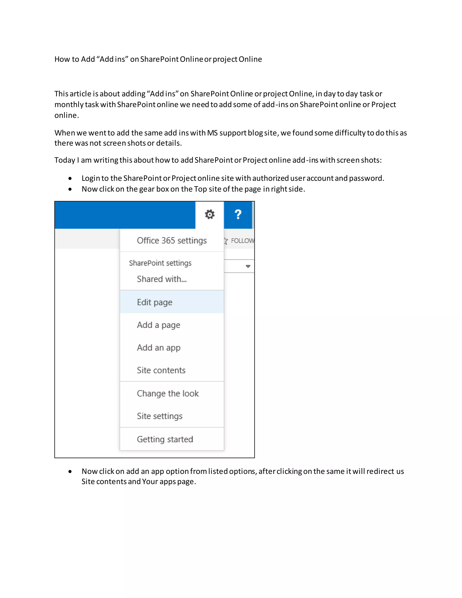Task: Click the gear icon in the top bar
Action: coord(210,214)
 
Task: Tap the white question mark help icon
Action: coord(238,214)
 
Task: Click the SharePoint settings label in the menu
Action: coord(160,263)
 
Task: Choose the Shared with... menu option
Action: coord(162,279)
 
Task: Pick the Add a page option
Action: coord(158,325)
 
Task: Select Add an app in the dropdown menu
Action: coord(158,348)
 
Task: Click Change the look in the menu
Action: coord(168,394)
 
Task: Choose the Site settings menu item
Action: coord(159,416)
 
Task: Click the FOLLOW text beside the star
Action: coord(243,241)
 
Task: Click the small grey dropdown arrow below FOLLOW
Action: coord(248,266)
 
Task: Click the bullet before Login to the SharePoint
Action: coord(70,178)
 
